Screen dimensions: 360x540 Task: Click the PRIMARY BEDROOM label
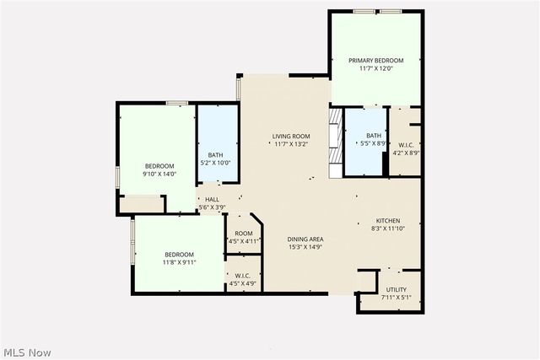click(x=375, y=61)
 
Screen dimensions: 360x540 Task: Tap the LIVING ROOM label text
click(x=291, y=137)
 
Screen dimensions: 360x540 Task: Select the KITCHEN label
click(x=388, y=220)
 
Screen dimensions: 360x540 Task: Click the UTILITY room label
click(x=396, y=290)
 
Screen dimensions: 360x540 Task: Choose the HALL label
click(x=213, y=200)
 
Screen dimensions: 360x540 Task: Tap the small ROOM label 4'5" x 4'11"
click(x=244, y=234)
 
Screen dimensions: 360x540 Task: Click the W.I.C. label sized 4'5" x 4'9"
click(x=243, y=275)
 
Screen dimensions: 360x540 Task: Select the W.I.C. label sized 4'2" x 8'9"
click(x=406, y=145)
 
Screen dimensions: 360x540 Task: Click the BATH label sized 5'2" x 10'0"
click(x=215, y=154)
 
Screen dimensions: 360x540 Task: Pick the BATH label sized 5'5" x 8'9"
click(x=374, y=136)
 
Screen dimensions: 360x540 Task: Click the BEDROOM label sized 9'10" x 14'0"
click(x=159, y=166)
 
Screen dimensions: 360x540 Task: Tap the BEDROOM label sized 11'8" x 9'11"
click(x=179, y=255)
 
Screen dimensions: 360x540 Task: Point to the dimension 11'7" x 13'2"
click(x=291, y=144)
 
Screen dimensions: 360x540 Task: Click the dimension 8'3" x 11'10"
click(x=388, y=228)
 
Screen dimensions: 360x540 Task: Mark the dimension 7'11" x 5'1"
click(x=396, y=298)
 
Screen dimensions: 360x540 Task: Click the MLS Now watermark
click(x=28, y=352)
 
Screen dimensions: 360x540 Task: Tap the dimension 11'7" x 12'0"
click(x=375, y=68)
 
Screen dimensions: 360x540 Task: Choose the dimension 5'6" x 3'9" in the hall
click(x=213, y=207)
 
